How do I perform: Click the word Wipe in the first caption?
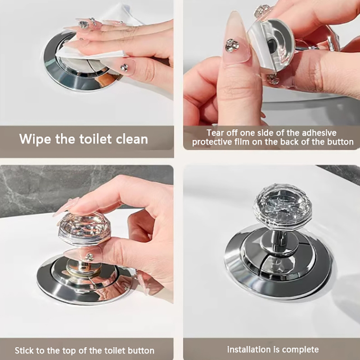tap(35, 139)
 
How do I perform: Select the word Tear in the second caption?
tap(215, 133)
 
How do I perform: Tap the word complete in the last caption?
tap(300, 350)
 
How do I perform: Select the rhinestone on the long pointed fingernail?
tap(232, 45)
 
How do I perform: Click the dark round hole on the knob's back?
tap(271, 44)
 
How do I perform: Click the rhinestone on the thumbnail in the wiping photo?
tap(124, 67)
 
